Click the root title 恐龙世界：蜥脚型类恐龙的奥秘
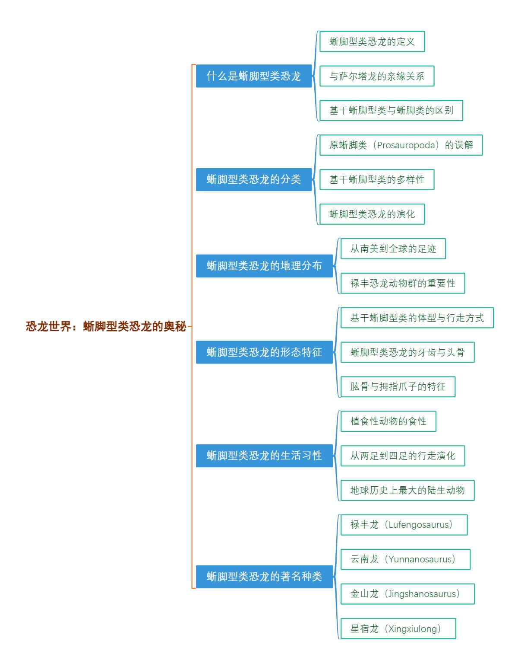tap(106, 326)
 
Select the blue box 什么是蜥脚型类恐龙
tap(253, 76)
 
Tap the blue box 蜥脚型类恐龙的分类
tap(253, 179)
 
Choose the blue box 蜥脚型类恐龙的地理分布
tap(264, 266)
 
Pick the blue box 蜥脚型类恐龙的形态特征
tap(264, 352)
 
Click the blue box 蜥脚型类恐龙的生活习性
tap(264, 456)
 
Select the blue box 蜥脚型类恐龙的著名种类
tap(264, 577)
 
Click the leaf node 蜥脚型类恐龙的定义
tap(372, 41)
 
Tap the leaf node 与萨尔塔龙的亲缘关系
tap(376, 76)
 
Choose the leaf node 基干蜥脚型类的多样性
tap(376, 180)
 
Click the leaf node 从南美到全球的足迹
tap(393, 249)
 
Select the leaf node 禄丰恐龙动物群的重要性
tap(402, 283)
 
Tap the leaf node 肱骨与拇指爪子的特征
tap(398, 387)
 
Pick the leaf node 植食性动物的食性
tap(388, 421)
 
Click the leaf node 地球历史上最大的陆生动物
tap(407, 490)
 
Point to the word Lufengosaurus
tap(418, 525)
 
